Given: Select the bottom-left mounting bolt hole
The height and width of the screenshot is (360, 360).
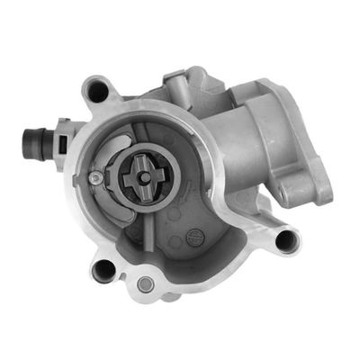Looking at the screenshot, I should [105, 269].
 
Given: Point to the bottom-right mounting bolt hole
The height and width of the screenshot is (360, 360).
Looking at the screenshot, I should [287, 239].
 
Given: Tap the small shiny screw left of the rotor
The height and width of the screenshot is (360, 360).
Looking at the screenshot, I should [94, 178].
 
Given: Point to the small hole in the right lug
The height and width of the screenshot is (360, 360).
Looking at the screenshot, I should [298, 190].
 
